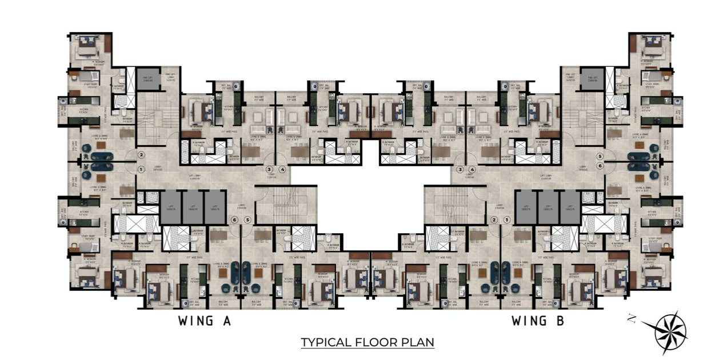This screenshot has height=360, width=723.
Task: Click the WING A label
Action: pos(204,321)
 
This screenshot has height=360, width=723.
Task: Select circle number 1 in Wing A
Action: pos(141,169)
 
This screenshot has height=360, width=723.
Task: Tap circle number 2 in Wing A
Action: pos(141,155)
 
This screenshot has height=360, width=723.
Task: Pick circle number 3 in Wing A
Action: pos(270,169)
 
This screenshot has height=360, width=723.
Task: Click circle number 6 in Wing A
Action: pos(234,220)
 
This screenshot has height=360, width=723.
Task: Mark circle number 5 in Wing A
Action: pos(247,220)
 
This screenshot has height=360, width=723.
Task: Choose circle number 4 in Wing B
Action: pos(472,169)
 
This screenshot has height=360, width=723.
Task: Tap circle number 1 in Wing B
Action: pos(506,220)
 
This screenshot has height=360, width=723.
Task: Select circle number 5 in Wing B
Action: pos(600,155)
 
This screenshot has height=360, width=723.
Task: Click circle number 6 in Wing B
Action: pos(600,166)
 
